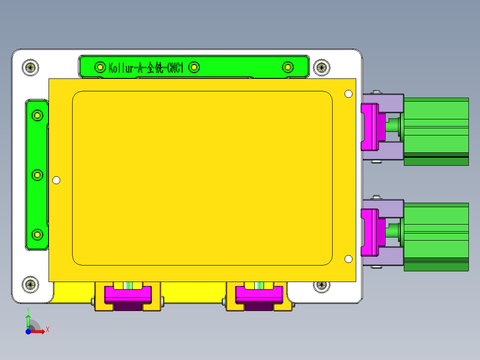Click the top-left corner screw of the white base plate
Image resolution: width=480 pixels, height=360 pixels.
[30, 68]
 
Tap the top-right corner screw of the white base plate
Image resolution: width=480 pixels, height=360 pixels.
[321, 68]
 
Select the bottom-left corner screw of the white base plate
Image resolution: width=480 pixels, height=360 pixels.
[30, 284]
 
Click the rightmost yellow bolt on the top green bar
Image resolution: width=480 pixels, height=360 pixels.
[288, 67]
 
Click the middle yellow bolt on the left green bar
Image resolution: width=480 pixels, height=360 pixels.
[38, 175]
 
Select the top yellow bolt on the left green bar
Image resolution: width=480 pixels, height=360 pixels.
[38, 116]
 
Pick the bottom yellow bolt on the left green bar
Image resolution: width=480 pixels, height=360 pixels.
[38, 234]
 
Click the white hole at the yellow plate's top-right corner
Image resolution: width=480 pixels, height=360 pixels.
[349, 94]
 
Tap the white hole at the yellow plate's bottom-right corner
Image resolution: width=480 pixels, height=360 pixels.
[349, 259]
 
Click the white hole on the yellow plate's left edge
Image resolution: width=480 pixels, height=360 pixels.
[56, 180]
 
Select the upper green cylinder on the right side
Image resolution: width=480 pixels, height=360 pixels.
[436, 131]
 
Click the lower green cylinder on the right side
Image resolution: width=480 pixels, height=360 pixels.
[436, 237]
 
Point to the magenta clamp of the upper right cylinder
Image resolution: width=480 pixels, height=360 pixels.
[370, 127]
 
